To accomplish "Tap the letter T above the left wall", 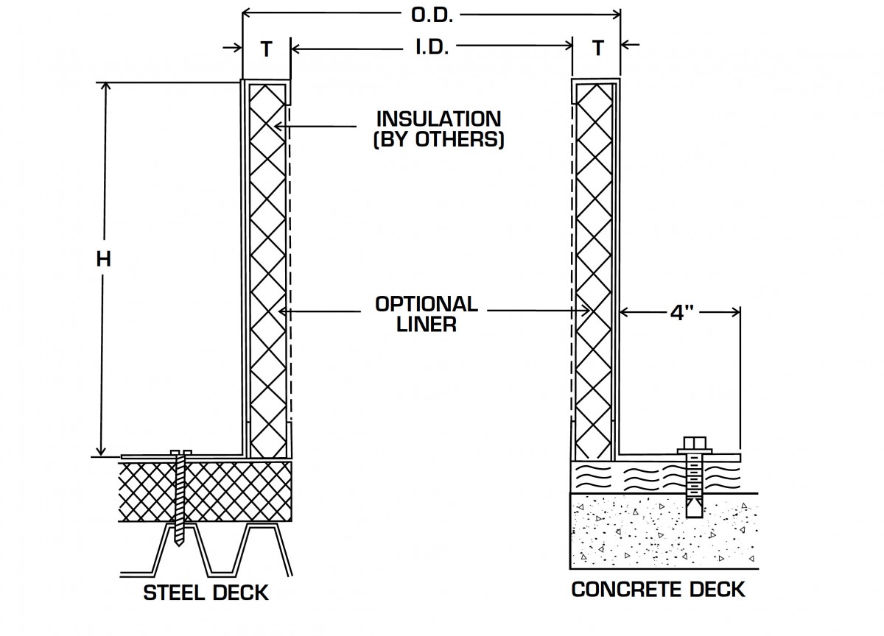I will coord(266,49).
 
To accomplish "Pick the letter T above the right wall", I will coord(597,49).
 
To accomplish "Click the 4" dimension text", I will coord(681,312).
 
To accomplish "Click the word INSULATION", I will coord(438,118).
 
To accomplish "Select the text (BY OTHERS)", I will coord(438,139).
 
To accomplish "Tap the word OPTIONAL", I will coord(426,303).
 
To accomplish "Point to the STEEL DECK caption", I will coord(206,592).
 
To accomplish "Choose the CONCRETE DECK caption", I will coord(658,589).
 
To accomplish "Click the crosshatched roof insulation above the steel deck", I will coord(221,490).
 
